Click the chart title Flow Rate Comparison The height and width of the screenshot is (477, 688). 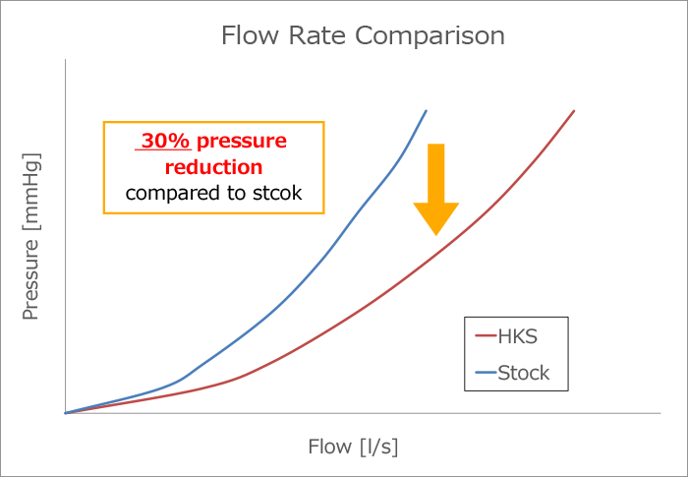point(363,36)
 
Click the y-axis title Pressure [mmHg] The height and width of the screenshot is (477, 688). point(31,236)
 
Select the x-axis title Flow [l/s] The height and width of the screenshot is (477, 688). point(353,447)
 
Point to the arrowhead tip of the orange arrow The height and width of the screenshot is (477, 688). point(435,234)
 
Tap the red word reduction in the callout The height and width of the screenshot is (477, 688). point(214,167)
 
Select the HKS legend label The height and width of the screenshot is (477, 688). point(518,336)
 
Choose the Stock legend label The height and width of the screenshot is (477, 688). point(524,373)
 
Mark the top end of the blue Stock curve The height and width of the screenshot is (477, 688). point(427,110)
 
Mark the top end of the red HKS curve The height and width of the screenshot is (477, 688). point(574,110)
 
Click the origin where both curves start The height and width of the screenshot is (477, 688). point(65,413)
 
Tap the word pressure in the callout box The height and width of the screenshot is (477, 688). point(246,141)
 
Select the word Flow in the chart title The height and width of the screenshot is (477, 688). point(251,36)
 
